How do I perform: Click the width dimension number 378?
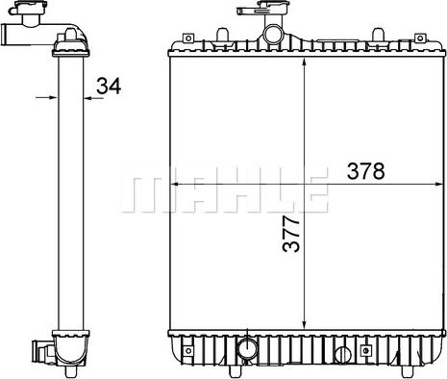point(365,171)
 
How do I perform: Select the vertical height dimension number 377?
point(291,234)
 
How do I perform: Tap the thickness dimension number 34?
point(109,86)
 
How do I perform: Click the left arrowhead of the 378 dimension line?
point(174,185)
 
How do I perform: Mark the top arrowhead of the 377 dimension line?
point(304,63)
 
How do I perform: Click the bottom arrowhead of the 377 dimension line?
point(304,324)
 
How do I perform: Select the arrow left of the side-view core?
point(46,97)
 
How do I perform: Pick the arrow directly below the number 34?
point(93,98)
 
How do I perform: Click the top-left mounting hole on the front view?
point(188,38)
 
